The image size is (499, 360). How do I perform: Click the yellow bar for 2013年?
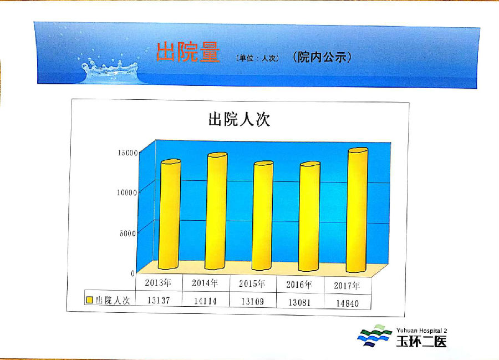pos(169,214)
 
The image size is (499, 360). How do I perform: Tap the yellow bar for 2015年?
pos(263,215)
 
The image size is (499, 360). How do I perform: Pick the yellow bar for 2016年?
pos(309,216)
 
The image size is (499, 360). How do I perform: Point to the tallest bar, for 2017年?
pos(357,210)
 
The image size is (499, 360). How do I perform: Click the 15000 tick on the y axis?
pos(128,153)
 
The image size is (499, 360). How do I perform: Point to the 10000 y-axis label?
pos(127,192)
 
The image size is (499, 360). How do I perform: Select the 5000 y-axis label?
pos(128,234)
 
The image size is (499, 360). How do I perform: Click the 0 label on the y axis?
pos(133,273)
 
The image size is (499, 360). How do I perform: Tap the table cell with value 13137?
pos(159,300)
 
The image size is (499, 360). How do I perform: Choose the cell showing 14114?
pos(205,301)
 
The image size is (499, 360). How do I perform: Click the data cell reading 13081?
pos(299,302)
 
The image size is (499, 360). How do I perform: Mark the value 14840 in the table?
pos(347,303)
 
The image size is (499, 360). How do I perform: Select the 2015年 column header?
pos(252,283)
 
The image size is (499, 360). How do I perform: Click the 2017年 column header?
pos(347,285)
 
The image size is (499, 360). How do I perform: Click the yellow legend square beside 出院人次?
pos(90,300)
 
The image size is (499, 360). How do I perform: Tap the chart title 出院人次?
pos(240,119)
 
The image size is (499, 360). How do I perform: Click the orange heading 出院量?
pos(188,52)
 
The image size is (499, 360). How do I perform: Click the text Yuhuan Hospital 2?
pos(422,331)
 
